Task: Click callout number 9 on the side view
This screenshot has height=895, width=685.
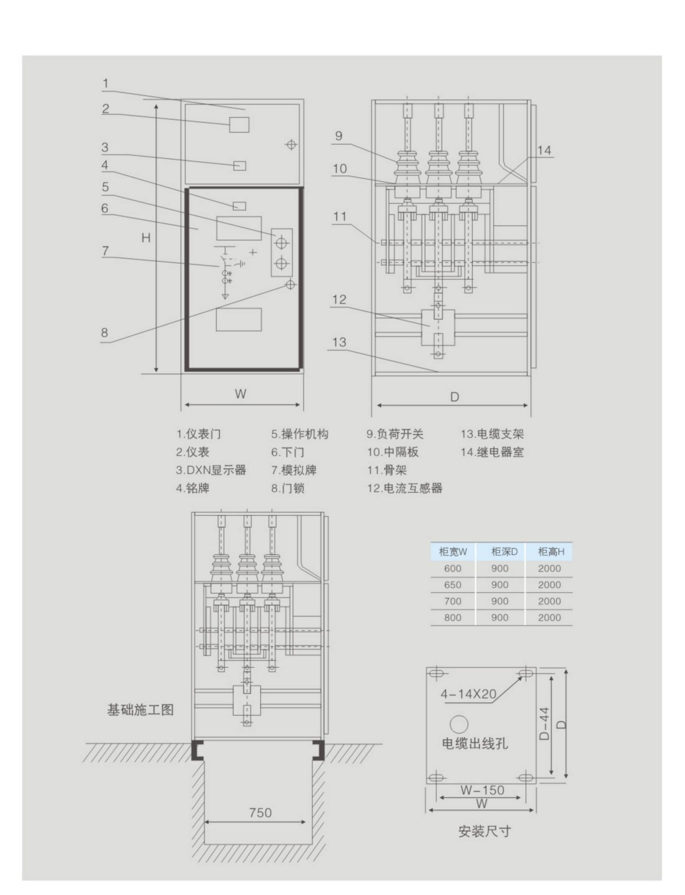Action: (x=339, y=136)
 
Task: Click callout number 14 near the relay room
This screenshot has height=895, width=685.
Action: (x=545, y=150)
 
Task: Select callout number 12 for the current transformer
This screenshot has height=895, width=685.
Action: (x=339, y=299)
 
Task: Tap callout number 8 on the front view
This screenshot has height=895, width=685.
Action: (x=104, y=332)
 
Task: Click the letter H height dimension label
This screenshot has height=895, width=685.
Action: (x=146, y=238)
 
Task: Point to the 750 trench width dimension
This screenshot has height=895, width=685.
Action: (x=260, y=812)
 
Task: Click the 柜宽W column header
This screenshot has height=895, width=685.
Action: (x=453, y=552)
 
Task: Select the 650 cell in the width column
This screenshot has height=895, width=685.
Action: (x=453, y=585)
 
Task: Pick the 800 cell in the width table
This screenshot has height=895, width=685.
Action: (x=453, y=617)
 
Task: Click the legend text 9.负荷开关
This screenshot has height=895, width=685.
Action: (x=395, y=434)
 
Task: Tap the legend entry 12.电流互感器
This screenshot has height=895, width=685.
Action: (x=405, y=488)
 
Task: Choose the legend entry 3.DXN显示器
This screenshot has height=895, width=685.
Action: (x=211, y=470)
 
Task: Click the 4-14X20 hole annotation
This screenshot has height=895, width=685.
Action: (x=468, y=695)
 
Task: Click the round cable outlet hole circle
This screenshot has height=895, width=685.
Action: (x=459, y=724)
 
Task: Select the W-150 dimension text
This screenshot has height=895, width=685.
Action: (x=482, y=790)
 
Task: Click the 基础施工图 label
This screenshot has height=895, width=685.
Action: (x=140, y=710)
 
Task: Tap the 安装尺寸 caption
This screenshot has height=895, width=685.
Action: (x=485, y=831)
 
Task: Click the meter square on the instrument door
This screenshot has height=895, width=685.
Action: (x=239, y=124)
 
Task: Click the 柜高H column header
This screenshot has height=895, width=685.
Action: (x=550, y=552)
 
